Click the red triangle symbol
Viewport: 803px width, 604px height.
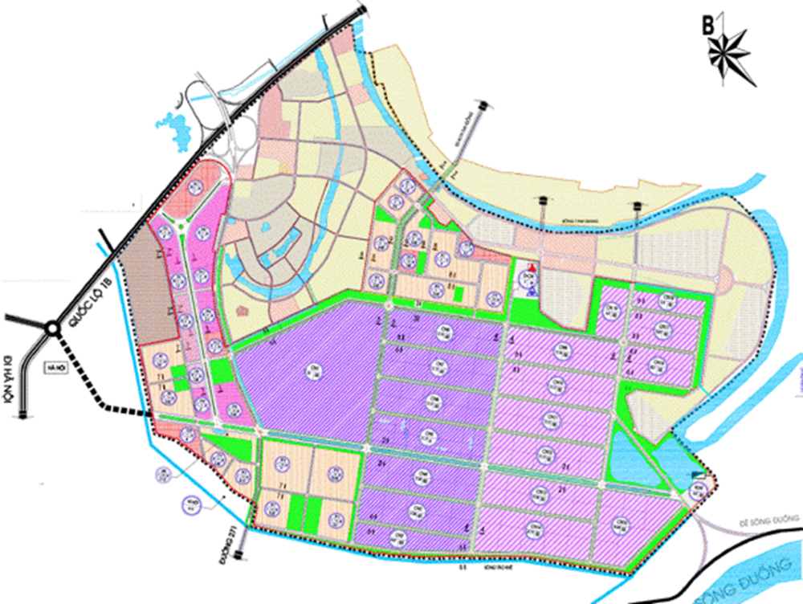[529, 267]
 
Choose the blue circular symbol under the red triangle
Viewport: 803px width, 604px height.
[530, 292]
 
